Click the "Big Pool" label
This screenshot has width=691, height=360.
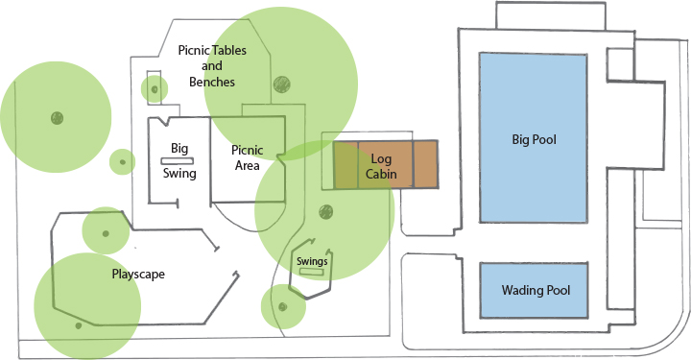pos(534,140)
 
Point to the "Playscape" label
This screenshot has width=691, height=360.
pos(139,274)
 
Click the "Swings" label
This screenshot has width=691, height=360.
pos(312,261)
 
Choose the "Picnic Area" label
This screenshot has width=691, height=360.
pos(248,157)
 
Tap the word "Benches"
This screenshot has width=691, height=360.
pos(212,83)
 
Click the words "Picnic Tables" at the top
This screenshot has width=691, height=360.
pos(213,50)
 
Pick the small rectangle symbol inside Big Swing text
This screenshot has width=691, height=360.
pos(179,160)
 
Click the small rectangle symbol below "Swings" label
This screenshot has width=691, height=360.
pos(311,272)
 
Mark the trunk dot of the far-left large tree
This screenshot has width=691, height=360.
pos(56,118)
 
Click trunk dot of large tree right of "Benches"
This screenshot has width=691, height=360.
pos(280,84)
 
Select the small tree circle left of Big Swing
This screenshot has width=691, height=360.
pos(121,161)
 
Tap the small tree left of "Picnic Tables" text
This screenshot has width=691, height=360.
pos(154,89)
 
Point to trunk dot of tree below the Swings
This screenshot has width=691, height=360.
pos(282,307)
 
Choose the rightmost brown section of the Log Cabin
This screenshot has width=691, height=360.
pos(424,164)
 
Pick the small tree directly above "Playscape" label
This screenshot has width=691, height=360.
pos(106,229)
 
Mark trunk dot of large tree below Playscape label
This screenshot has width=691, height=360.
pos(79,325)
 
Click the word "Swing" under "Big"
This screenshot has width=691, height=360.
pos(179,174)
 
